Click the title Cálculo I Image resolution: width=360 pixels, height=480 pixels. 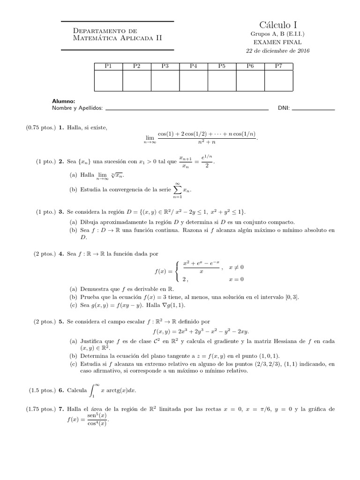point(278,25)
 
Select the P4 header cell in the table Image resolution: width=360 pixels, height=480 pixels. point(193,66)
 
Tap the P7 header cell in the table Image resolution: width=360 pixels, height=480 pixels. point(278,66)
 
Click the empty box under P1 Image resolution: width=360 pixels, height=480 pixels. point(108,80)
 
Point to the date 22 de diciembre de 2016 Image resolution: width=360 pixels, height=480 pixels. point(278,51)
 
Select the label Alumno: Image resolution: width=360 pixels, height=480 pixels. point(64,101)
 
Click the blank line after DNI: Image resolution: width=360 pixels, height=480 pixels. point(313,109)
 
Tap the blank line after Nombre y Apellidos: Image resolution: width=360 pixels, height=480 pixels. point(187,109)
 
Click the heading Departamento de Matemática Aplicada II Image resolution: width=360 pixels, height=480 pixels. point(118,34)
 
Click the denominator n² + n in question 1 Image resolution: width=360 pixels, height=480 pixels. point(207,140)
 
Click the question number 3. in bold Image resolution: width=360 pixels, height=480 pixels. point(61,212)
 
